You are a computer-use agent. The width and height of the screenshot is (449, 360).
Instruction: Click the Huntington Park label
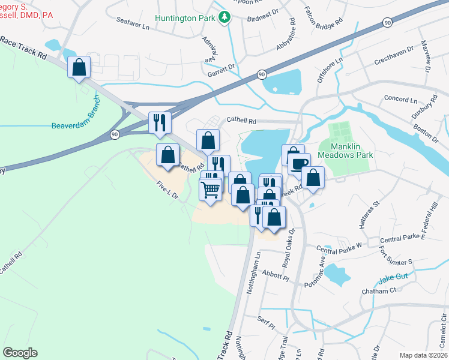click(x=185, y=18)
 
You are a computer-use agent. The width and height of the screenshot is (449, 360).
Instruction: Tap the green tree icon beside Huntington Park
click(x=224, y=17)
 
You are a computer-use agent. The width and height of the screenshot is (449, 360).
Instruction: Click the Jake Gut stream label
click(x=393, y=280)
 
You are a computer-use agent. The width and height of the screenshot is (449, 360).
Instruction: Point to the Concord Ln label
click(x=396, y=98)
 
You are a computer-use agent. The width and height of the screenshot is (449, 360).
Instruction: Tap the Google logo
click(x=20, y=353)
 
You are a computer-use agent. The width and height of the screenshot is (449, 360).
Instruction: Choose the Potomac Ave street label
click(x=315, y=269)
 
